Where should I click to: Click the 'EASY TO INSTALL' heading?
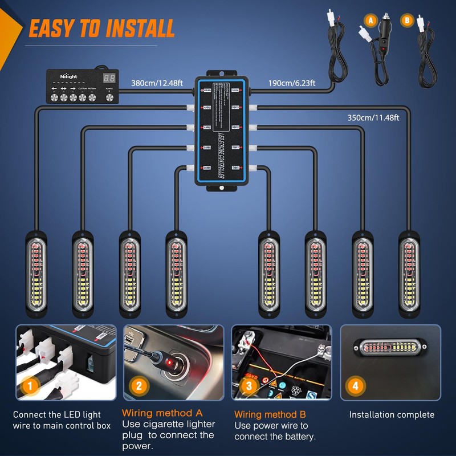pyautogui.click(x=101, y=28)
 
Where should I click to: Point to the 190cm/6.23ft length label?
pyautogui.click(x=292, y=83)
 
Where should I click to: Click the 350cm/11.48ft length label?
pyautogui.click(x=373, y=118)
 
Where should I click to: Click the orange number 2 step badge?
pyautogui.click(x=138, y=386)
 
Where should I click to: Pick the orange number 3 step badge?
pyautogui.click(x=248, y=386)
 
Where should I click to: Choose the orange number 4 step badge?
pyautogui.click(x=356, y=386)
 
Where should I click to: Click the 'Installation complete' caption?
pyautogui.click(x=392, y=414)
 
